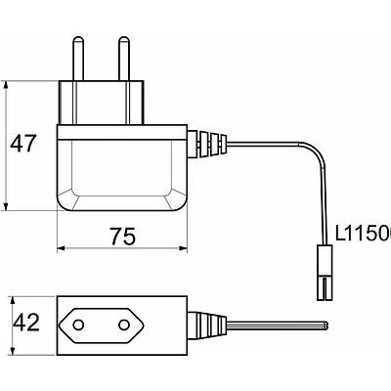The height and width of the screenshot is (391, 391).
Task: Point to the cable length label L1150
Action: pos(362,235)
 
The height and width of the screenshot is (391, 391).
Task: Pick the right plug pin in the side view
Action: pos(124,58)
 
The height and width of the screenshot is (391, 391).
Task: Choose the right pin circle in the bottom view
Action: pos(124,323)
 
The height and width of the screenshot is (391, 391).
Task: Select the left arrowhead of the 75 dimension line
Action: pos(61,249)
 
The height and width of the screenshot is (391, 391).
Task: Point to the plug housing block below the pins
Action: pos(104,103)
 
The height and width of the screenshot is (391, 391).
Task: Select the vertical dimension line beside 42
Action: pos(8,323)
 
